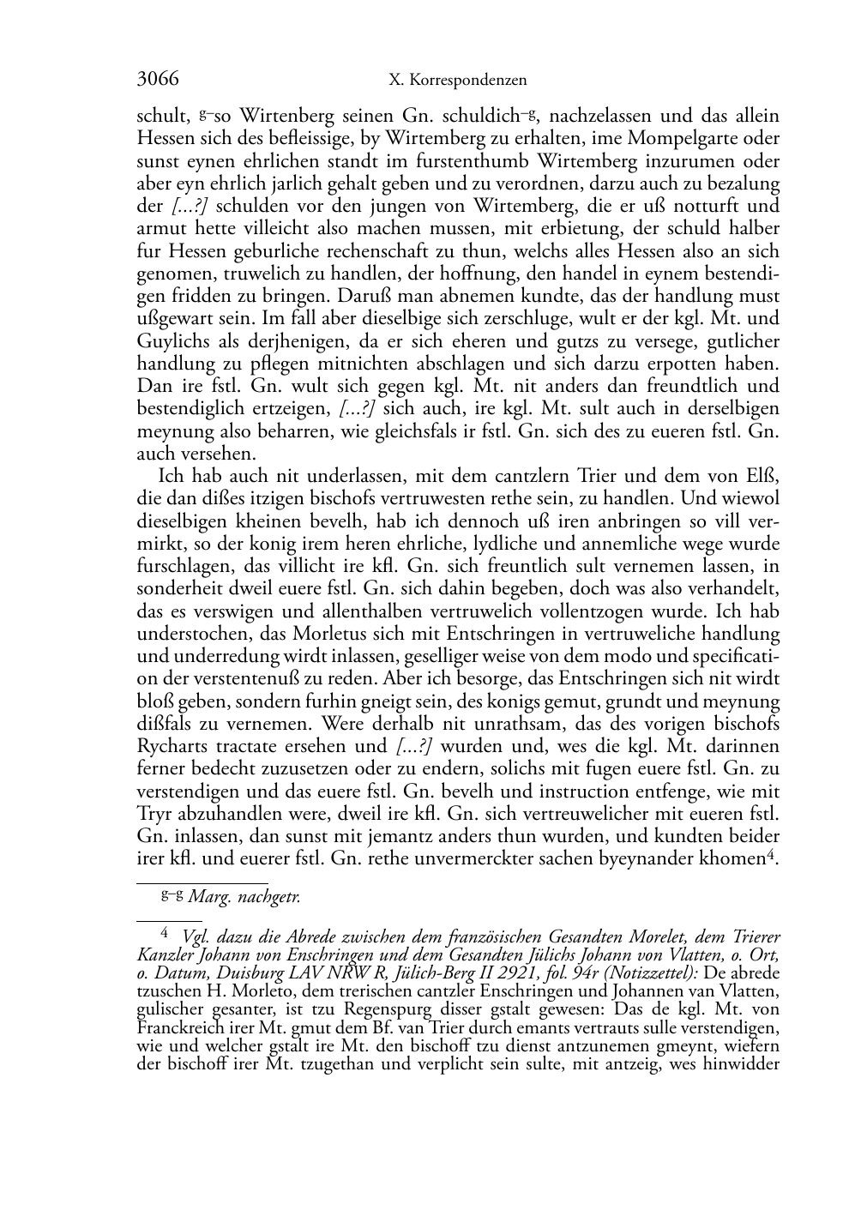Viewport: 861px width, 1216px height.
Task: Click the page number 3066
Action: click(158, 80)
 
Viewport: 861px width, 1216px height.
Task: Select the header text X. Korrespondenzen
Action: click(457, 81)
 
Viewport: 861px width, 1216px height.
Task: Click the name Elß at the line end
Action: click(762, 477)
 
